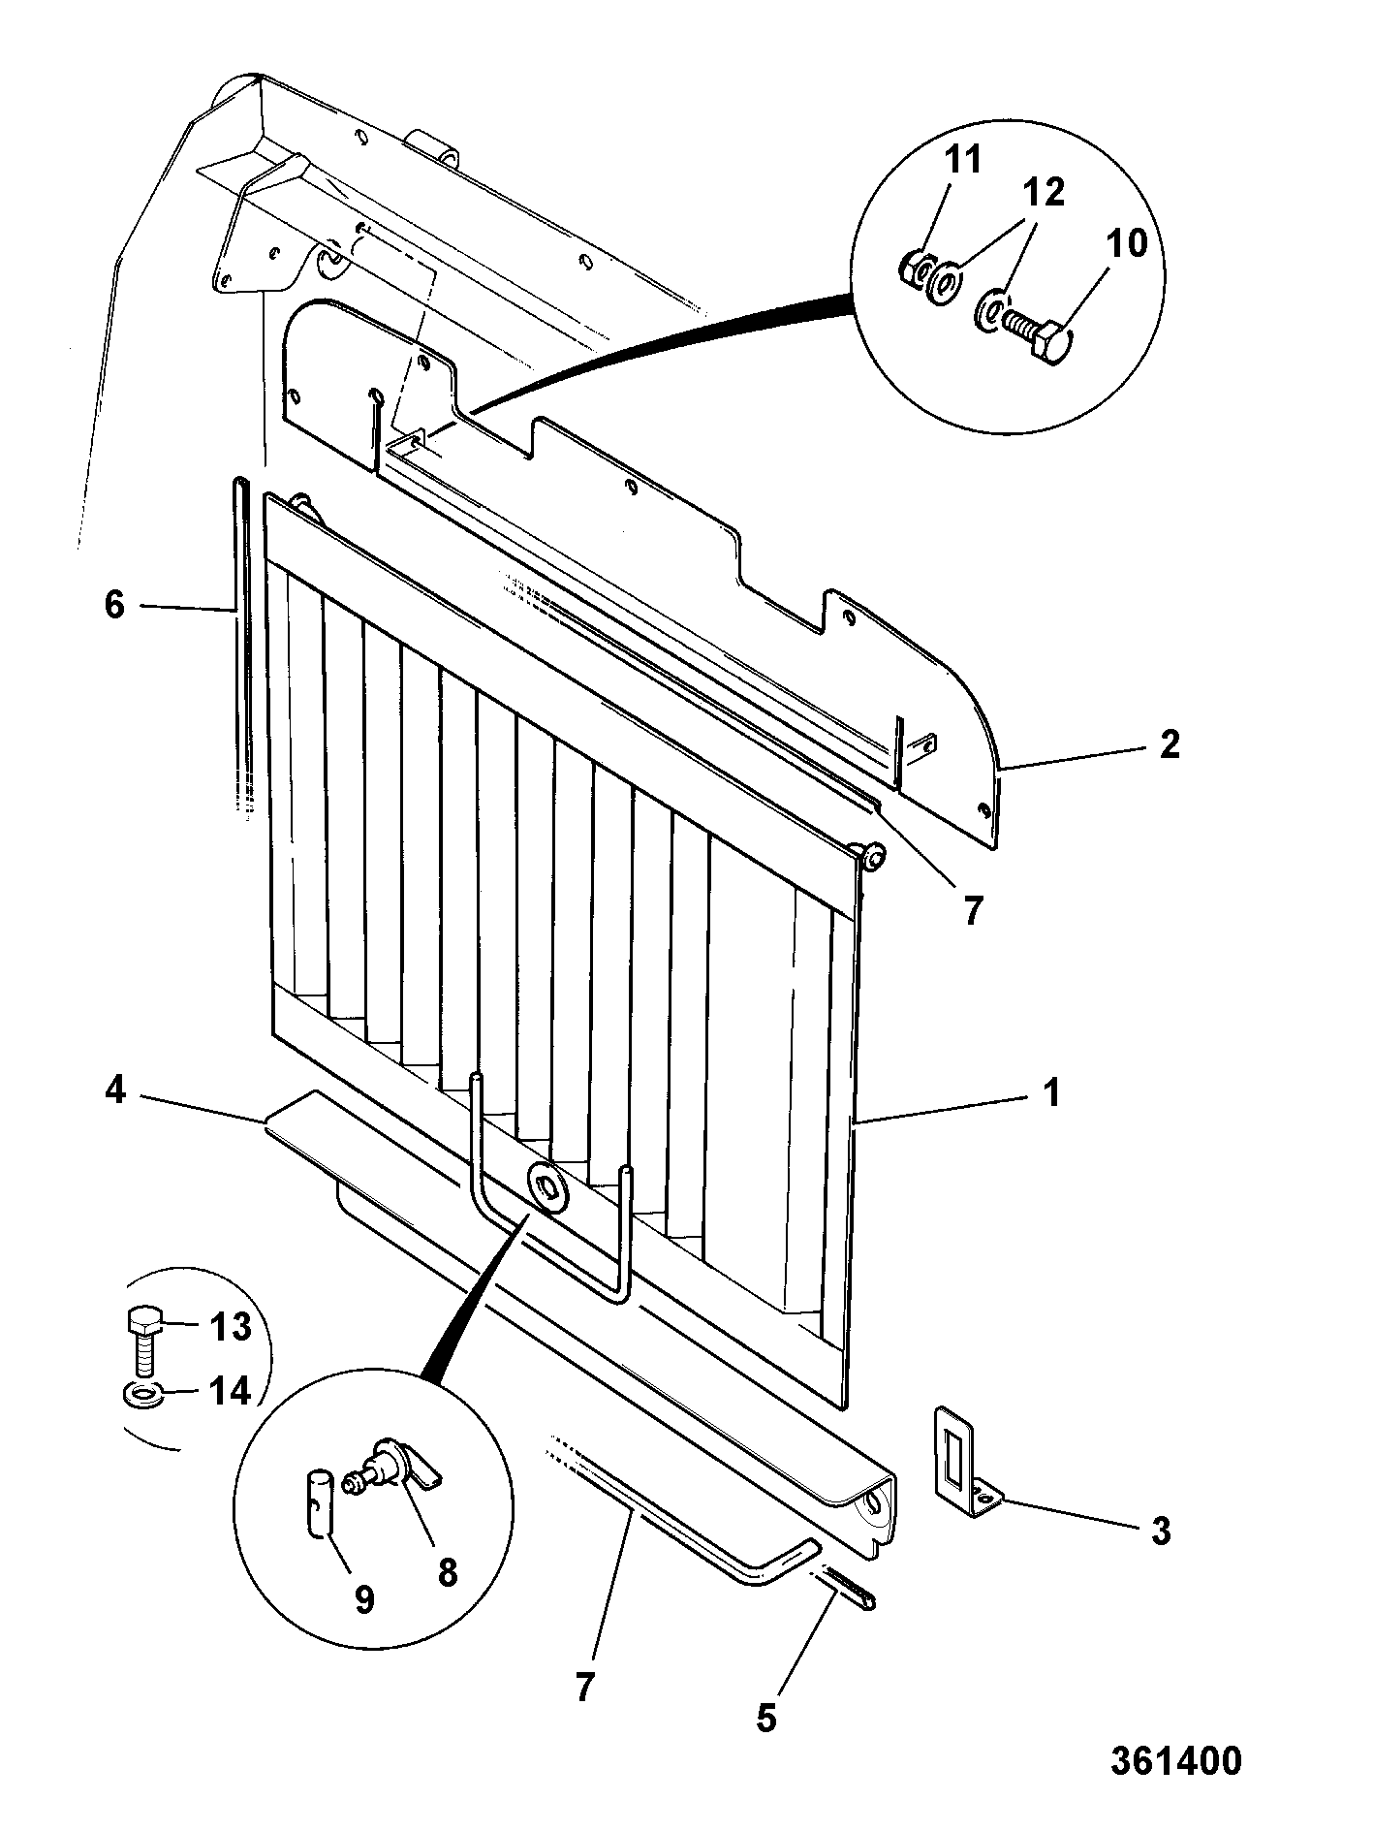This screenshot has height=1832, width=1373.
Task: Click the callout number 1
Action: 1051,1093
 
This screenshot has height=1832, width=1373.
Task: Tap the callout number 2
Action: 1170,743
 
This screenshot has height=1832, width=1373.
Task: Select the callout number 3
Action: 1160,1531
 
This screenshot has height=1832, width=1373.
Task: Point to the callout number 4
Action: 115,1091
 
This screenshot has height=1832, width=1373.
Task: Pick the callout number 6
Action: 114,605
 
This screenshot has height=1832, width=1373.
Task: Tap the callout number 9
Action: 364,1599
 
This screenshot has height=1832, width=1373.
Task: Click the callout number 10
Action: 1126,242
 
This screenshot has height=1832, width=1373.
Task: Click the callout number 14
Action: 231,1392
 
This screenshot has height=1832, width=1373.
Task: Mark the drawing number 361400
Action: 1175,1760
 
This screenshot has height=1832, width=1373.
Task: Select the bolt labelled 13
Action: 144,1340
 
